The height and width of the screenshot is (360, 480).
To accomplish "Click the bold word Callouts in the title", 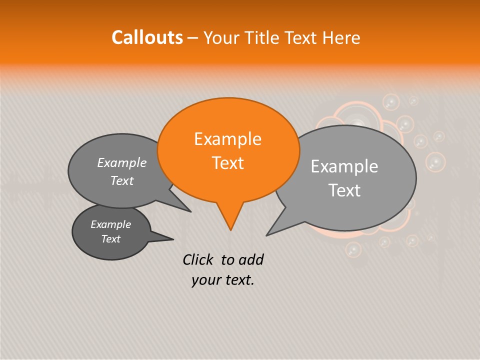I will click(x=147, y=37).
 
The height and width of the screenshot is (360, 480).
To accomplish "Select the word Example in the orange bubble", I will click(x=227, y=139).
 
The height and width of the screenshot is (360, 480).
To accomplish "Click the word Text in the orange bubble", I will click(x=227, y=163).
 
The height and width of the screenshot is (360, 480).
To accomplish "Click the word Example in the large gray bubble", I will click(x=344, y=166).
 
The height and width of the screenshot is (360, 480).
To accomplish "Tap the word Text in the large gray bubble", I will click(x=344, y=190).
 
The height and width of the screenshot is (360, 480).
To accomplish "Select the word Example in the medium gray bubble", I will click(x=121, y=163).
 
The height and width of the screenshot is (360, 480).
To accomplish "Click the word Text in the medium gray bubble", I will click(x=121, y=181).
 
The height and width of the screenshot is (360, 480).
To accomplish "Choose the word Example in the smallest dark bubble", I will click(x=110, y=224).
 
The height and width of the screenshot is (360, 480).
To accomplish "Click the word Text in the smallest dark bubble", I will click(x=110, y=239).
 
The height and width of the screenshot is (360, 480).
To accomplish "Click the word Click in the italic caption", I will click(x=198, y=260).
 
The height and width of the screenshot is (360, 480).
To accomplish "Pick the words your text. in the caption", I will click(x=222, y=280).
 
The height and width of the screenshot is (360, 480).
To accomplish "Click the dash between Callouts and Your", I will click(x=193, y=38).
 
